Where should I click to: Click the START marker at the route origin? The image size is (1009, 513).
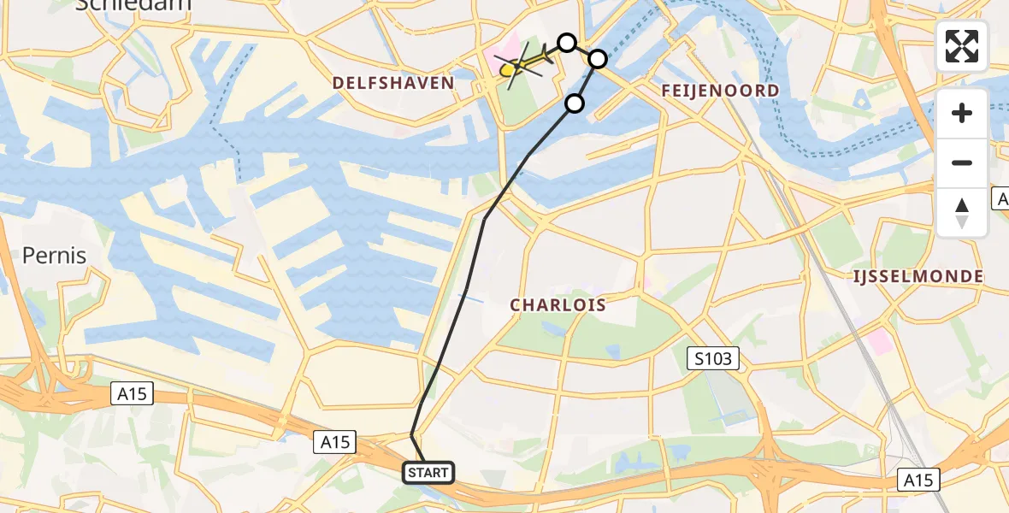[x=428, y=472]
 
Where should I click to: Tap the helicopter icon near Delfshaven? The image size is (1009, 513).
[x=527, y=62]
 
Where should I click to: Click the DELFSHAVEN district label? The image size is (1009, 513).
[x=393, y=83]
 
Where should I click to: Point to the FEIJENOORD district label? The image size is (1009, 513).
[x=720, y=91]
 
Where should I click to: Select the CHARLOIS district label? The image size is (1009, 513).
[x=558, y=305]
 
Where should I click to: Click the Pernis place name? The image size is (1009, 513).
[x=54, y=255]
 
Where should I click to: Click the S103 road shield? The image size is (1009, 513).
[x=713, y=358]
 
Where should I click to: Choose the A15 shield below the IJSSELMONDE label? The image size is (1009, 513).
[x=919, y=479]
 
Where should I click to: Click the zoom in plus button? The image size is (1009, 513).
[x=962, y=113]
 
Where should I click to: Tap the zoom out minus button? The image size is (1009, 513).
[x=962, y=162]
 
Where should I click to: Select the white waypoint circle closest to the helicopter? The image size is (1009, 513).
[x=567, y=42]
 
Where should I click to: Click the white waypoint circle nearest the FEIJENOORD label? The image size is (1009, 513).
[x=598, y=59]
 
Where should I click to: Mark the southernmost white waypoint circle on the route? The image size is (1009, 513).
[x=575, y=103]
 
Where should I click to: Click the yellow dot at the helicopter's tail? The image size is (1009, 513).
[x=507, y=71]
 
